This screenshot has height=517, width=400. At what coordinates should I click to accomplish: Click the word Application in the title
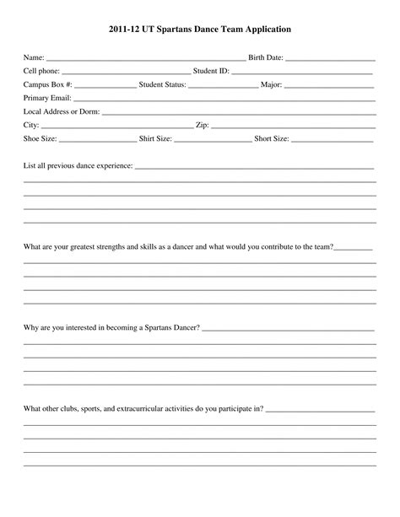click(260, 29)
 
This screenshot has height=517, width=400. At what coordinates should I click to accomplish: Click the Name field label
click(33, 58)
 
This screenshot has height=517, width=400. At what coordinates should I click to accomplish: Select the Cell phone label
click(41, 72)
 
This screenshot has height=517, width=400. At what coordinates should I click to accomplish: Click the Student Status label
click(162, 85)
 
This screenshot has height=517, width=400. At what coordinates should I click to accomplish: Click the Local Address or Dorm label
click(62, 111)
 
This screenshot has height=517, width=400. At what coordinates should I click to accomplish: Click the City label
click(31, 124)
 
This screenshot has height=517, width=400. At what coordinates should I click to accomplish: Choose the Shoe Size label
click(41, 137)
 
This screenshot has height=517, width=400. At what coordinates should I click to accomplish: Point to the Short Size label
click(272, 137)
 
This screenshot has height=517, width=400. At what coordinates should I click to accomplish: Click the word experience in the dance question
click(114, 165)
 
